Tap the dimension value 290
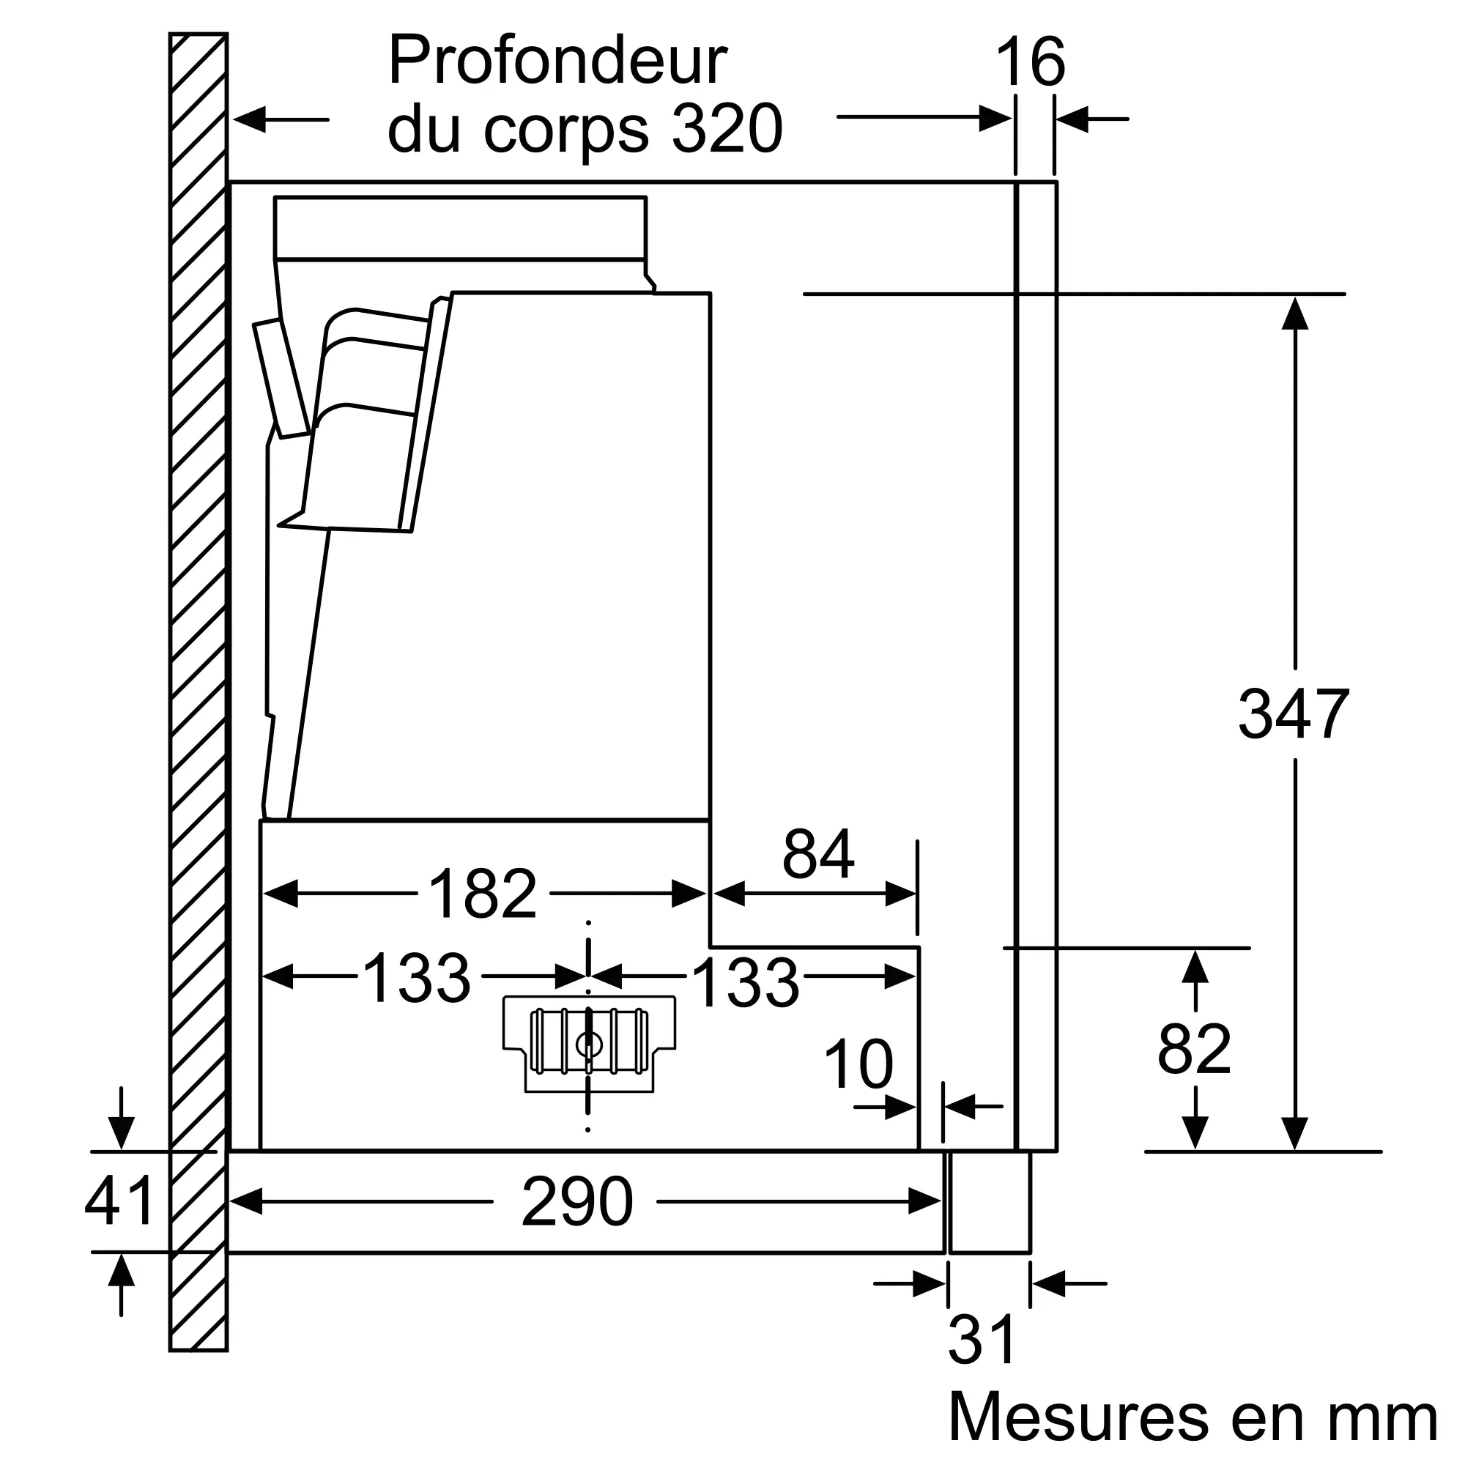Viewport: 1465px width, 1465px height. (x=577, y=1202)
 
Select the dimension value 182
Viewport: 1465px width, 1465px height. (x=483, y=894)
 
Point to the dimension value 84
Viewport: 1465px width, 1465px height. (x=818, y=854)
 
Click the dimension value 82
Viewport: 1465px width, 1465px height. (x=1194, y=1050)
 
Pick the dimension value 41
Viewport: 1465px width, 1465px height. (x=120, y=1201)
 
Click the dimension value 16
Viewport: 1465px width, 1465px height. (x=1030, y=62)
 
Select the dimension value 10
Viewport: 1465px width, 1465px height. (x=858, y=1064)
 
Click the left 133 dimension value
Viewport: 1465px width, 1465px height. (x=416, y=979)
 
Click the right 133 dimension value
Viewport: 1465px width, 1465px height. (x=746, y=984)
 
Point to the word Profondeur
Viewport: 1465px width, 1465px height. (x=557, y=61)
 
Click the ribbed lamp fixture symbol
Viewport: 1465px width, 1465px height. (x=589, y=1044)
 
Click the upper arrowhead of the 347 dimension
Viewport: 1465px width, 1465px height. (x=1294, y=313)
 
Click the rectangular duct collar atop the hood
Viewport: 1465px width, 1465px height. (x=460, y=229)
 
